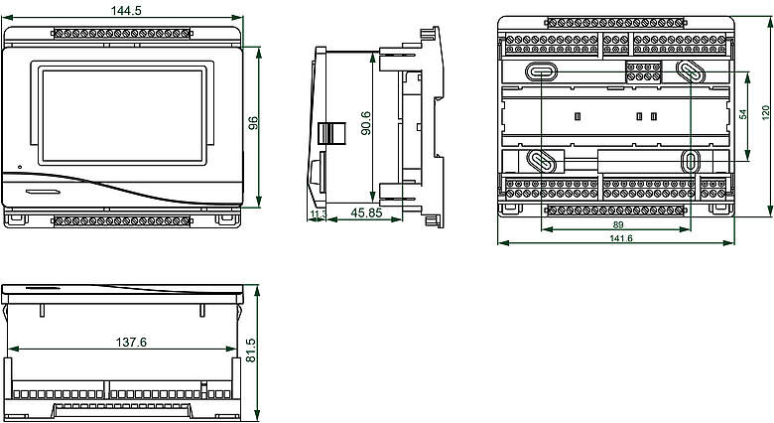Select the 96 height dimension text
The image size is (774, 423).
pos(254,123)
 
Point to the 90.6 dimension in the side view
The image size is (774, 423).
pos(367,124)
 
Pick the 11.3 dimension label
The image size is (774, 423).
pos(318,213)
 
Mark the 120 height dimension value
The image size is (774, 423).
pos(765,113)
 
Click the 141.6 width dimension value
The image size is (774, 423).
pos(621,238)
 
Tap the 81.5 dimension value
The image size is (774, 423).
pos(252,351)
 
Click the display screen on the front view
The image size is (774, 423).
pos(124,115)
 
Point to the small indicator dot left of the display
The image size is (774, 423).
pos(17,165)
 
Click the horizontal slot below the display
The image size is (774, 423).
pos(43,189)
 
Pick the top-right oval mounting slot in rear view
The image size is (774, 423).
pos(691,71)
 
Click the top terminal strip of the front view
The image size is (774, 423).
pos(122,34)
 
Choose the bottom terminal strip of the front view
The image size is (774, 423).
pos(122,218)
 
